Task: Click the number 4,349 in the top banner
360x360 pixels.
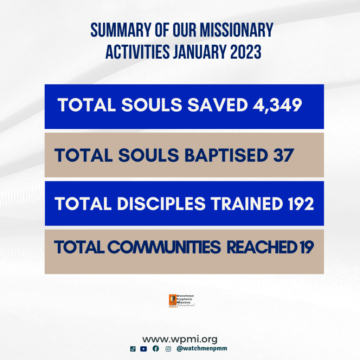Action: click(277, 105)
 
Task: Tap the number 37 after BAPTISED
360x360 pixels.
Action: click(284, 155)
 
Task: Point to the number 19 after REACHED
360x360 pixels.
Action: click(306, 247)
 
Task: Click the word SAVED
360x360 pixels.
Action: click(218, 105)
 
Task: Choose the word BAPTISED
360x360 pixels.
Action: click(226, 155)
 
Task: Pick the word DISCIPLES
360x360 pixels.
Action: click(161, 204)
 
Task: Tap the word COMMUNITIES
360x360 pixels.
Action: click(164, 247)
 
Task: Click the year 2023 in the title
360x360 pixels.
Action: click(246, 52)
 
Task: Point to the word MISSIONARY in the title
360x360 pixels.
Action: click(237, 30)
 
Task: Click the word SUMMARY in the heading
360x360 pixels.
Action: click(121, 30)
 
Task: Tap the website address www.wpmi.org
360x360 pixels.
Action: click(180, 339)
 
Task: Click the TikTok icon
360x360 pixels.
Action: click(133, 349)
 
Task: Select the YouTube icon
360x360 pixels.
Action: click(143, 349)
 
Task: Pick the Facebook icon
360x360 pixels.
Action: click(156, 348)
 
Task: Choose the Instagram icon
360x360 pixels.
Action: click(168, 349)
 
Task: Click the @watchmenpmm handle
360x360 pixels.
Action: click(202, 348)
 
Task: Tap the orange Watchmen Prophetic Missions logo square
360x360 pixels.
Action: click(173, 301)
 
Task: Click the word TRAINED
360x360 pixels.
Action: click(247, 204)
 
